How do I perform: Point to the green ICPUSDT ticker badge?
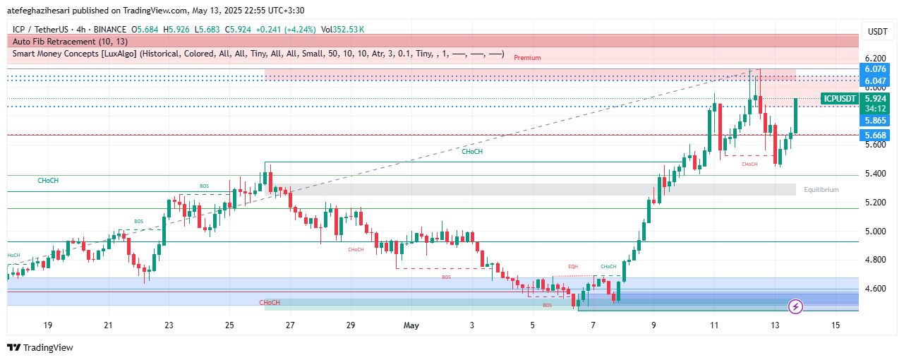click(840, 99)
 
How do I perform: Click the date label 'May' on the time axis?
click(411, 325)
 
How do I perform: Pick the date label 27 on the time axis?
click(290, 325)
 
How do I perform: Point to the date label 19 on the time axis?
click(48, 325)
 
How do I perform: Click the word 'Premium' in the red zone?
click(527, 58)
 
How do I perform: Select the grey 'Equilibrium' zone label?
click(821, 190)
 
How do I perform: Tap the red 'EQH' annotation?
click(573, 266)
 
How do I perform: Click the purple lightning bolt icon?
click(796, 306)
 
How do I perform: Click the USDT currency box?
click(877, 31)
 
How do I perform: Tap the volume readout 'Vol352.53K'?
click(343, 29)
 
